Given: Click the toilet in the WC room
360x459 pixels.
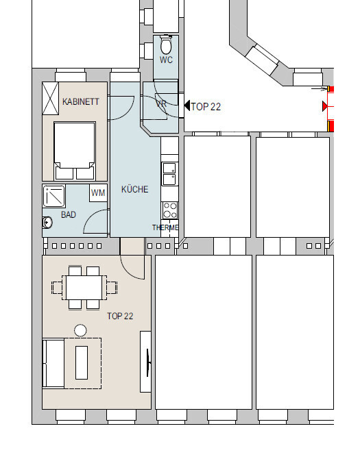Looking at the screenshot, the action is pyautogui.click(x=166, y=45).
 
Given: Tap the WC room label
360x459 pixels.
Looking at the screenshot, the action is pyautogui.click(x=166, y=60).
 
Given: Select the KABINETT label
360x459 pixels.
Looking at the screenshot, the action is pyautogui.click(x=80, y=101).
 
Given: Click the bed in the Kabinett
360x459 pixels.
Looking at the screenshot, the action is pyautogui.click(x=75, y=151).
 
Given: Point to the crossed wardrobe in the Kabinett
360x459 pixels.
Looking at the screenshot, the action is pyautogui.click(x=50, y=99).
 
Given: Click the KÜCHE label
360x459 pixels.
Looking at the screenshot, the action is pyautogui.click(x=135, y=189).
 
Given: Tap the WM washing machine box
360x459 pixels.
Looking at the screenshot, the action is pyautogui.click(x=98, y=193).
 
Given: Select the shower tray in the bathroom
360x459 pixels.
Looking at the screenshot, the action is pyautogui.click(x=54, y=196).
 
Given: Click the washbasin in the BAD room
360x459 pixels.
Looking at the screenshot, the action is pyautogui.click(x=47, y=223).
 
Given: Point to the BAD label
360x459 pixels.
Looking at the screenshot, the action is pyautogui.click(x=69, y=215).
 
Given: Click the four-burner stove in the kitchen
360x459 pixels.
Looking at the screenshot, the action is pyautogui.click(x=170, y=210).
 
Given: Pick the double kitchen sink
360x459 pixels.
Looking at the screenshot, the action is pyautogui.click(x=169, y=174).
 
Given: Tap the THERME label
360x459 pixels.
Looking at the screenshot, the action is pyautogui.click(x=165, y=227).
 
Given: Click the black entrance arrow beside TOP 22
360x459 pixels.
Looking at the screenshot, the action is pyautogui.click(x=187, y=106).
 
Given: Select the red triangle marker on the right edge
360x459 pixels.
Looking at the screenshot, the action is pyautogui.click(x=324, y=106).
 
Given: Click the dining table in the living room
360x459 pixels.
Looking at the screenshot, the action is pyautogui.click(x=84, y=288).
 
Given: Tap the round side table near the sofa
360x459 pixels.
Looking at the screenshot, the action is pyautogui.click(x=80, y=330).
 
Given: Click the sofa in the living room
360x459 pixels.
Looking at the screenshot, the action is pyautogui.click(x=53, y=363).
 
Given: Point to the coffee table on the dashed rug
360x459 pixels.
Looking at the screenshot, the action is pyautogui.click(x=82, y=362).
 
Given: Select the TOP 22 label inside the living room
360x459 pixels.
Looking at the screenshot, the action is pyautogui.click(x=120, y=316).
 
